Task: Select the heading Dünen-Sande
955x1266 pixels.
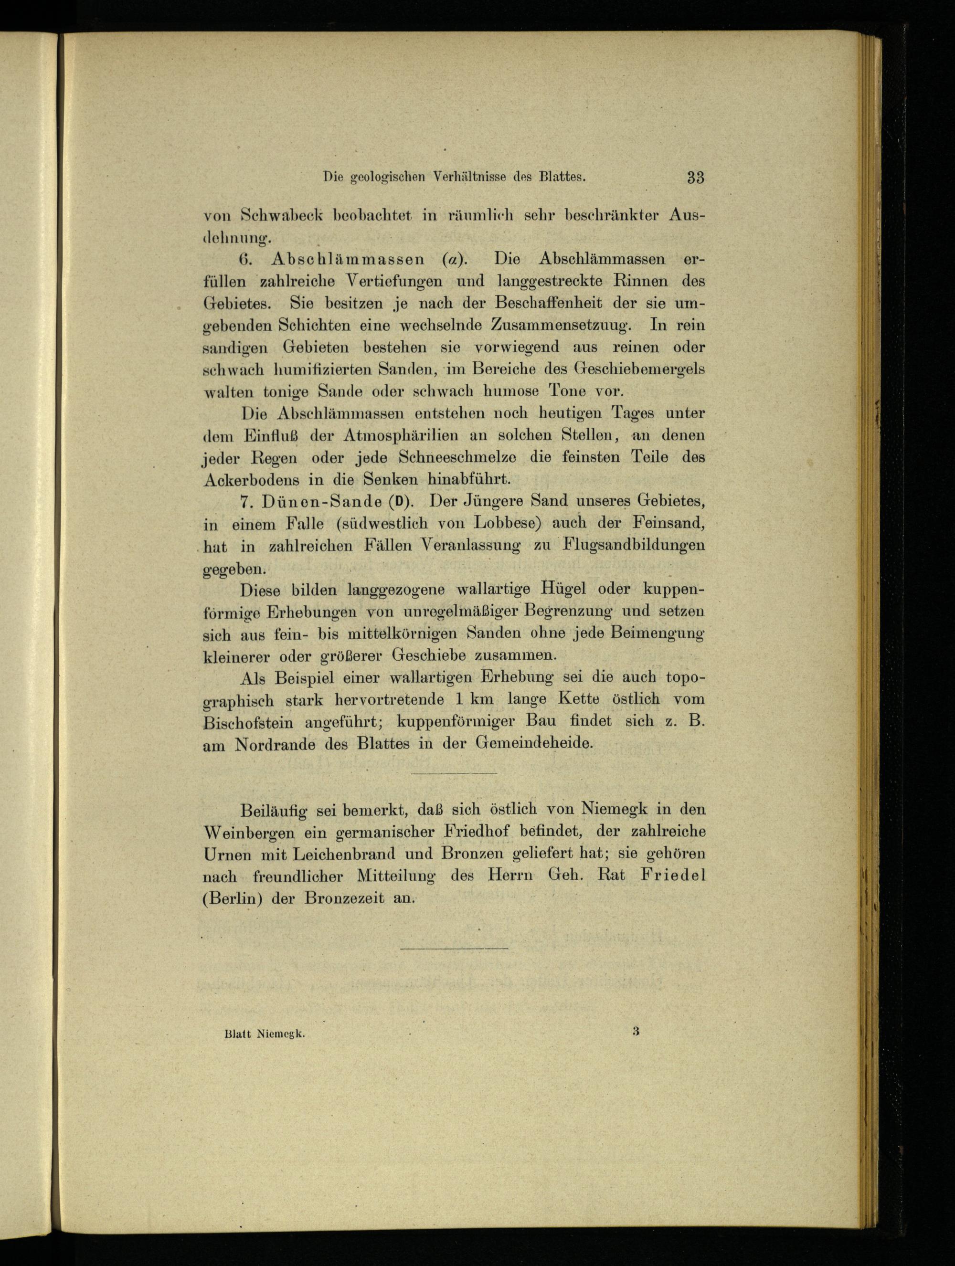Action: pos(322,501)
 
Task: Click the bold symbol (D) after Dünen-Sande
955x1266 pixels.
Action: pos(399,501)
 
